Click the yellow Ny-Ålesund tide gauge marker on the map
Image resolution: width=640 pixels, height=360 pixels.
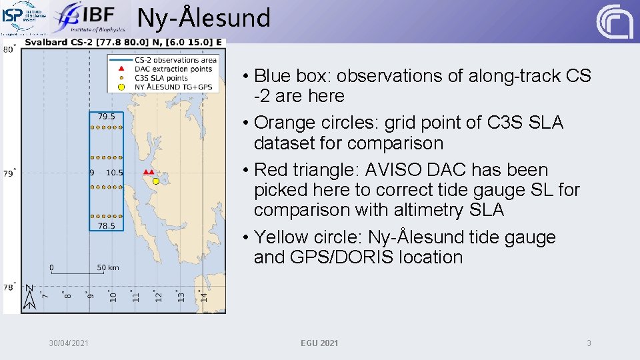pos(156,181)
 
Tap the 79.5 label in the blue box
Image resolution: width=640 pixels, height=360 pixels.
pos(107,117)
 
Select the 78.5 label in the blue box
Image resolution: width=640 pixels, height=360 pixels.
pos(107,226)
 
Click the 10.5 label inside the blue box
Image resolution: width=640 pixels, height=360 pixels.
pos(114,173)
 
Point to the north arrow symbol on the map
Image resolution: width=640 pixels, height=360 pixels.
pos(29,297)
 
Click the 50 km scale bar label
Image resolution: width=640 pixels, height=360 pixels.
pos(108,267)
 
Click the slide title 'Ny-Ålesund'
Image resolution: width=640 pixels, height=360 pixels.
pos(204,18)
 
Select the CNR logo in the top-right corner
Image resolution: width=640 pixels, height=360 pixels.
pos(614,21)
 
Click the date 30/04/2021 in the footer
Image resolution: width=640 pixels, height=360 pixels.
pos(68,343)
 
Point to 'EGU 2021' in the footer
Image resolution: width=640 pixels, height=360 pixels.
pos(319,343)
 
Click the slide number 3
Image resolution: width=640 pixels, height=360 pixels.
pos(589,343)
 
